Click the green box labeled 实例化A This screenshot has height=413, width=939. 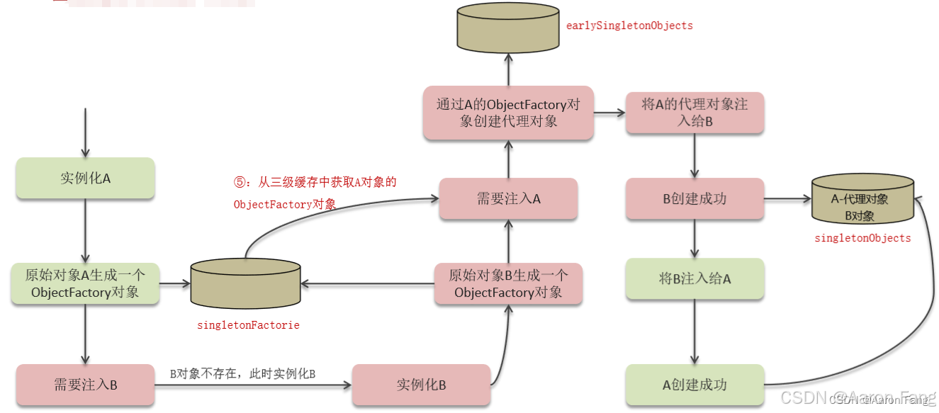85,178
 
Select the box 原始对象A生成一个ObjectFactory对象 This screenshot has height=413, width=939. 85,284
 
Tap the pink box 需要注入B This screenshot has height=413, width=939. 85,385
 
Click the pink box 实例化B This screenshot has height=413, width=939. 421,385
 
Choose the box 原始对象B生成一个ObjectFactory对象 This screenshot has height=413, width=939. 508,283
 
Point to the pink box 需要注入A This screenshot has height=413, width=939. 508,198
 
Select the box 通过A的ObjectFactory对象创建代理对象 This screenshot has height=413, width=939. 508,113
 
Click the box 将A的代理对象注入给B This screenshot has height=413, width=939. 695,113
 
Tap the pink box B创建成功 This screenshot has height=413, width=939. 695,198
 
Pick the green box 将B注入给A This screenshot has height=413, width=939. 695,278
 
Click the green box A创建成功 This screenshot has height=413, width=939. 695,385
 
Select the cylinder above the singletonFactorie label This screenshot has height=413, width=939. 245,283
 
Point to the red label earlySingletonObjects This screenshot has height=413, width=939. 629,26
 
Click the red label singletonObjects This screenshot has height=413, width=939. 862,238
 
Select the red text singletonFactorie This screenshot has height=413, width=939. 248,325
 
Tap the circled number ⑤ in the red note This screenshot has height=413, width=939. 240,182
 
